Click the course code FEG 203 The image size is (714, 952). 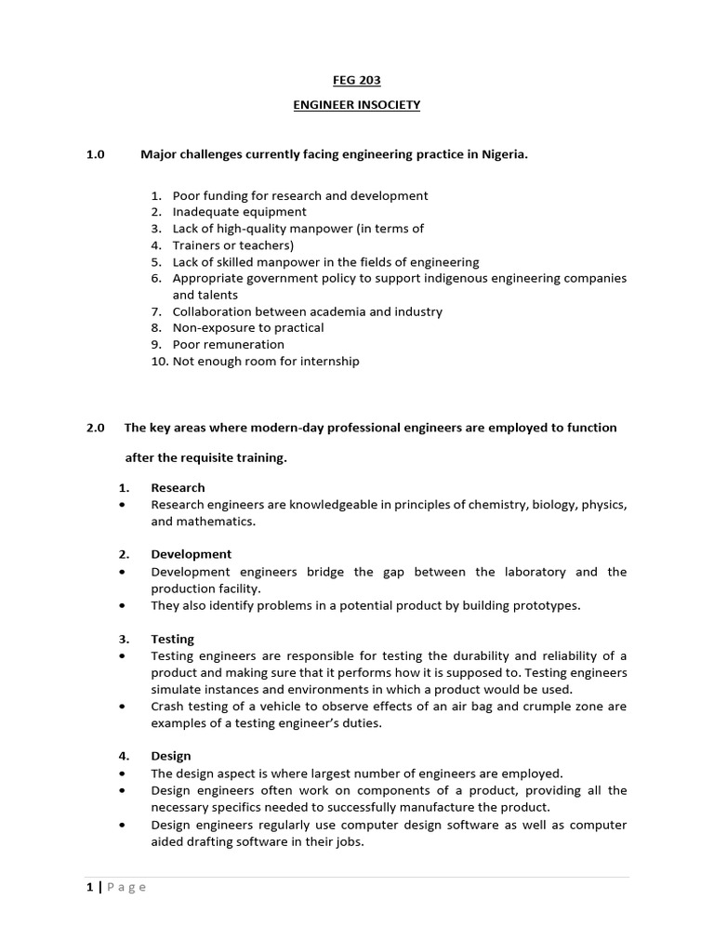click(356, 81)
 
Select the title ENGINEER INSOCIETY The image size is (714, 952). click(356, 105)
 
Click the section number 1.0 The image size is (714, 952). click(97, 154)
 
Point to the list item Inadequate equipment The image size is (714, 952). click(239, 212)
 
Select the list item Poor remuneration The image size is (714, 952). click(228, 344)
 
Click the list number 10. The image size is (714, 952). click(158, 361)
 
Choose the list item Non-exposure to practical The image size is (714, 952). click(248, 327)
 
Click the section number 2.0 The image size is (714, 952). click(97, 428)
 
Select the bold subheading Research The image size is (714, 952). click(178, 487)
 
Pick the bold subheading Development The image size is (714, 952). click(191, 554)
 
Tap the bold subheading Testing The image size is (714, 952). click(172, 639)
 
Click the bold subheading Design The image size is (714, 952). click(170, 756)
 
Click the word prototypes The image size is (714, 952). click(547, 605)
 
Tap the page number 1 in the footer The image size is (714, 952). click(90, 887)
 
